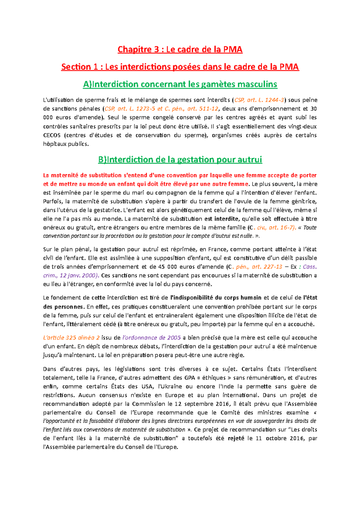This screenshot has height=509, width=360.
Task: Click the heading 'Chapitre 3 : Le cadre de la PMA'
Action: (180, 49)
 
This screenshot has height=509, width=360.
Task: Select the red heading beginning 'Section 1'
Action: (180, 67)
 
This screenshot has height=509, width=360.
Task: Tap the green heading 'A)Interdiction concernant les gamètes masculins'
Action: (180, 85)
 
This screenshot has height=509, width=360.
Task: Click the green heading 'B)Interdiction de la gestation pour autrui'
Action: (180, 159)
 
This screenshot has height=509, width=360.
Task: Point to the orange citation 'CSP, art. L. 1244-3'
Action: (259, 100)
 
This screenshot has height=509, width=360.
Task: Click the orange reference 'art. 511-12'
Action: (203, 109)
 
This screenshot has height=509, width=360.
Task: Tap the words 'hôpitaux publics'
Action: (66, 144)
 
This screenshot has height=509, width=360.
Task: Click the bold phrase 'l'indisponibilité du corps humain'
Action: (215, 298)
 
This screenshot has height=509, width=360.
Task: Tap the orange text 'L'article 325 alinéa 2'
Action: (71, 338)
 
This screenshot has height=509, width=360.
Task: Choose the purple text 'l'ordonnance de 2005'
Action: (151, 338)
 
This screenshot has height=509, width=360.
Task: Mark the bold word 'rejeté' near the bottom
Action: (236, 438)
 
